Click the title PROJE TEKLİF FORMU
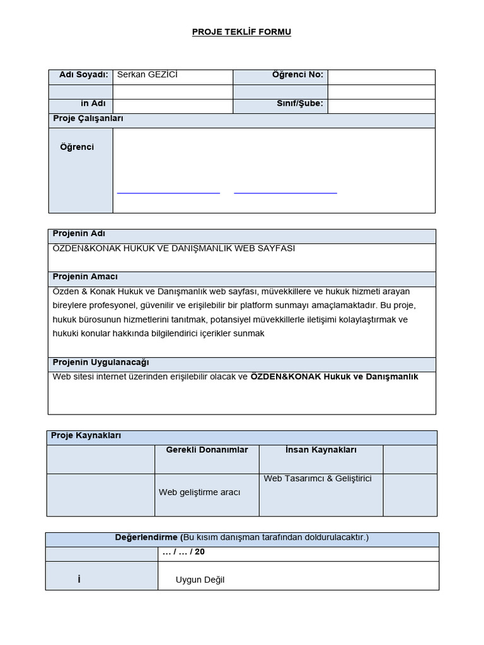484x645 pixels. click(x=241, y=32)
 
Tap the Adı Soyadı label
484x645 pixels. click(x=83, y=75)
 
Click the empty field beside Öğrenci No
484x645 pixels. click(x=381, y=76)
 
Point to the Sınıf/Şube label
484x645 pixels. click(x=299, y=104)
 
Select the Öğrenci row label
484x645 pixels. click(x=77, y=147)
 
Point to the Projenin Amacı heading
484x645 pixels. click(x=85, y=277)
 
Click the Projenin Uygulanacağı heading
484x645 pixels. click(x=101, y=363)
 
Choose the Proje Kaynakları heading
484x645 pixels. click(x=87, y=435)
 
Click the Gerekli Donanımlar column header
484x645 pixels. click(x=207, y=450)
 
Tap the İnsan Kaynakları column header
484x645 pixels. click(x=321, y=450)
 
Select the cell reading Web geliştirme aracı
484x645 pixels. click(x=199, y=493)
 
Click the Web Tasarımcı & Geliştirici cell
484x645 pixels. click(x=318, y=479)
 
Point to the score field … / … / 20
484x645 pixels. click(x=183, y=552)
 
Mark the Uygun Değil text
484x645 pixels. click(x=200, y=580)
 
